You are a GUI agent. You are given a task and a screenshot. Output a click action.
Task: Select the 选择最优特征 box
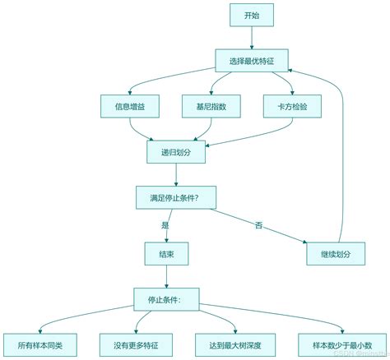252,60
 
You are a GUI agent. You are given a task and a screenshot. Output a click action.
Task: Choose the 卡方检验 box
291,106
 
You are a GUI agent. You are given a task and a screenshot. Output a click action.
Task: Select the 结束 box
165,254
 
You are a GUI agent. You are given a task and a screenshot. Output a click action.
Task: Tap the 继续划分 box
335,254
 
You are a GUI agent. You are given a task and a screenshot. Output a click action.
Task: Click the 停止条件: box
165,299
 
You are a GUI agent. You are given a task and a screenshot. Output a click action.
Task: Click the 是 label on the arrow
165,225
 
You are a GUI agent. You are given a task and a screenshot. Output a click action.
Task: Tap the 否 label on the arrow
258,225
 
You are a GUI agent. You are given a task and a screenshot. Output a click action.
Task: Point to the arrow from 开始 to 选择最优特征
252,37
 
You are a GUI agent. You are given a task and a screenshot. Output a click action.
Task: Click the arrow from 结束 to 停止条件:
165,276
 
